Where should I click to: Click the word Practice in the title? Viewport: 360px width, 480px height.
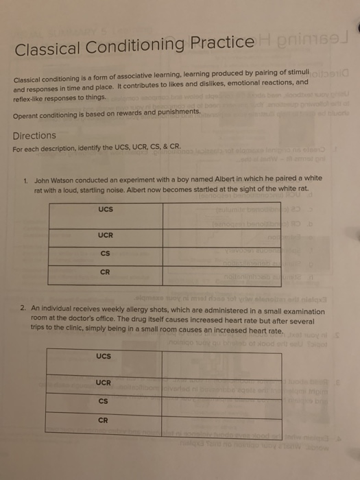coord(223,43)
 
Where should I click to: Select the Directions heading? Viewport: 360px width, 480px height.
coord(34,135)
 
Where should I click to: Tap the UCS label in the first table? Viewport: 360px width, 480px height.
coord(105,208)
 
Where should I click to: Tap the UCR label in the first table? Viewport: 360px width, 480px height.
coord(105,235)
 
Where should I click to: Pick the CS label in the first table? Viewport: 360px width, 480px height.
coord(106,254)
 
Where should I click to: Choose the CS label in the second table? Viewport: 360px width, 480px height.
coord(104,401)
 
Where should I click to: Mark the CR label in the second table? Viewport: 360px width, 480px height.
coord(104,420)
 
